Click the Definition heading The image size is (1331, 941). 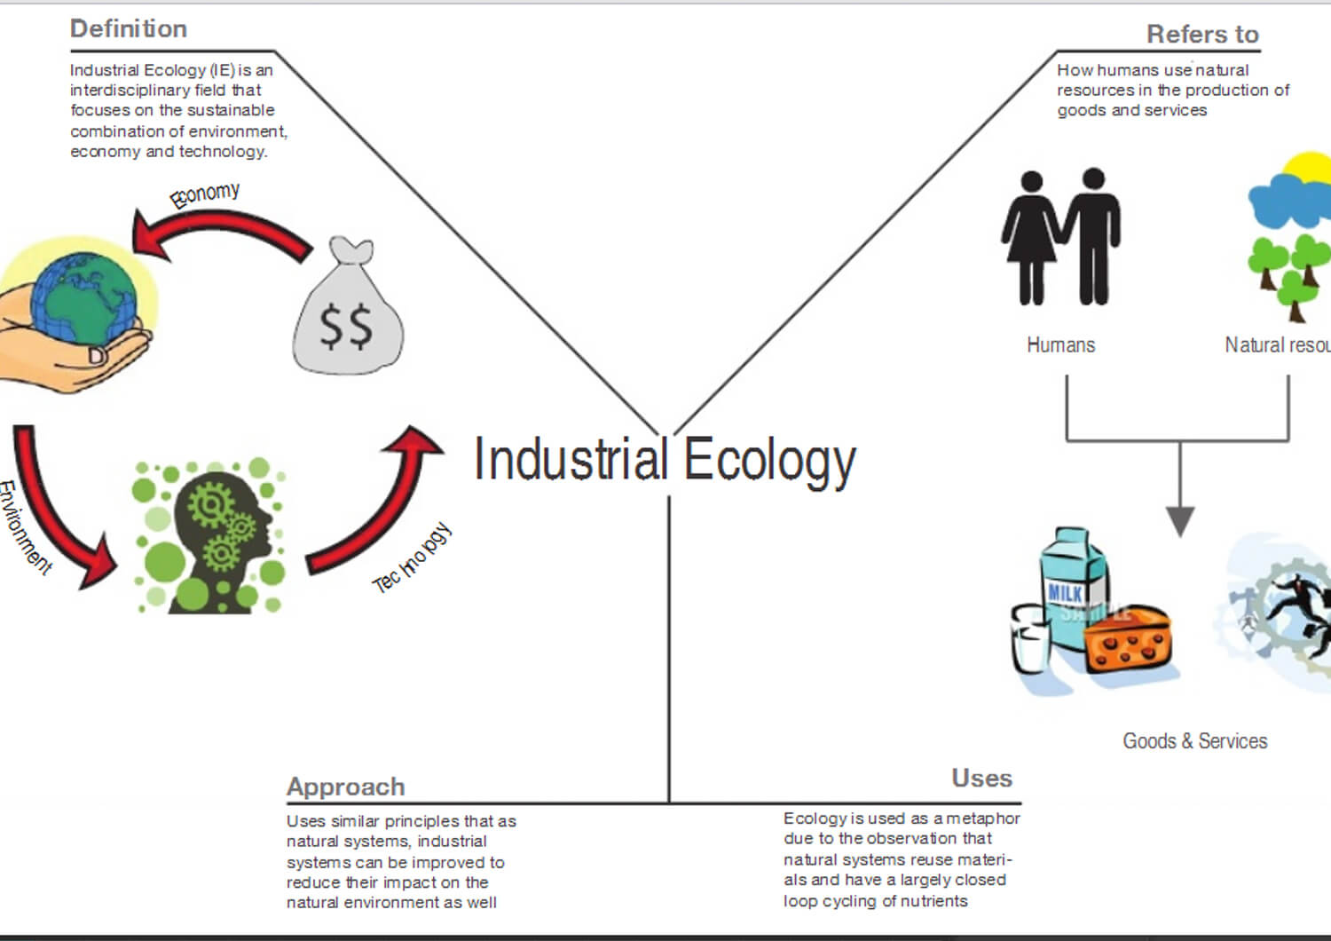click(x=129, y=29)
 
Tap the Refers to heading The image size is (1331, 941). click(x=1202, y=35)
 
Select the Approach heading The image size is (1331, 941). click(x=345, y=787)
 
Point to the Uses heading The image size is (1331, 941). click(x=981, y=779)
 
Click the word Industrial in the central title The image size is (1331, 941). click(x=570, y=460)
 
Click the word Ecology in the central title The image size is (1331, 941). click(x=769, y=460)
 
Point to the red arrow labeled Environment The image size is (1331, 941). click(x=57, y=515)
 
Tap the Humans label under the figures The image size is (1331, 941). click(x=1060, y=345)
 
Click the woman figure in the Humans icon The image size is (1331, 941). click(x=1030, y=237)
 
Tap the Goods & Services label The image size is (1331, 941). click(x=1194, y=741)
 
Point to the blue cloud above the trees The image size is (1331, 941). click(x=1286, y=204)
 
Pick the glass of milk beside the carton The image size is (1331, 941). click(x=1031, y=639)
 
